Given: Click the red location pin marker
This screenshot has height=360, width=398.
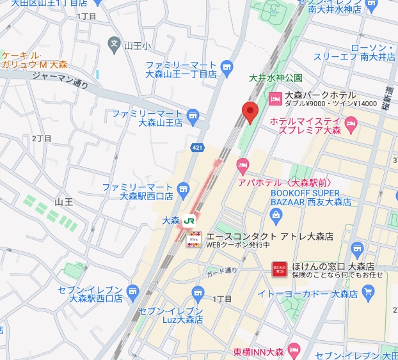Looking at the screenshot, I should [250, 112].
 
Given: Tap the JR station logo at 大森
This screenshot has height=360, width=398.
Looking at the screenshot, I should [189, 221].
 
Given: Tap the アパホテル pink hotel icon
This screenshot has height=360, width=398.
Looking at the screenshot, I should [243, 166].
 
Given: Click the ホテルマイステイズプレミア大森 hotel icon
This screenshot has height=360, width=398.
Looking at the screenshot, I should [350, 123].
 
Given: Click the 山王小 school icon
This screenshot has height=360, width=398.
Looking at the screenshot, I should [114, 45].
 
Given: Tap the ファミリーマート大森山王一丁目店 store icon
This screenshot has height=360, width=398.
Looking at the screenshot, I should [226, 67].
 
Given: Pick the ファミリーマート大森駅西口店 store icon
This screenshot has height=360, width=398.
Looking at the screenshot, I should [184, 189].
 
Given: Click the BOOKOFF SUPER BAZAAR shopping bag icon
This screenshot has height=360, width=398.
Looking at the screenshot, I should [276, 214].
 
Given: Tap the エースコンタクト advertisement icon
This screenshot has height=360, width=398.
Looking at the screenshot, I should [194, 240].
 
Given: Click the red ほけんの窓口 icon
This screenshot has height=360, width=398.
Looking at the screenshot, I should [279, 269].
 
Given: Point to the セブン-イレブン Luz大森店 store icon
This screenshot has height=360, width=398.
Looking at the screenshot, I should [198, 293].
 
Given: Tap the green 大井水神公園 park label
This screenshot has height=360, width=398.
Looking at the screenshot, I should [275, 78].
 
